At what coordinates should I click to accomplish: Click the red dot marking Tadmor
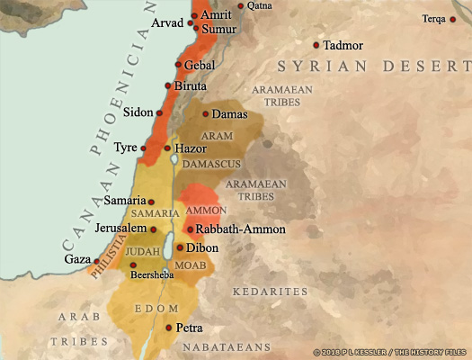[x=316, y=45]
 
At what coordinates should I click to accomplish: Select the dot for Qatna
[x=240, y=6]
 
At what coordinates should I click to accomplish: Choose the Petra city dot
[x=168, y=328]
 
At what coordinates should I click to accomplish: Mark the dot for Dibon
[x=180, y=247]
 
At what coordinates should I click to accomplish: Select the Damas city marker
[x=206, y=114]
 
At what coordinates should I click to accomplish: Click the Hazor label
[x=191, y=148]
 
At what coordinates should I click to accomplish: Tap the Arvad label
[x=168, y=22]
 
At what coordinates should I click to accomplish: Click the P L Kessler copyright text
[x=391, y=352]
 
